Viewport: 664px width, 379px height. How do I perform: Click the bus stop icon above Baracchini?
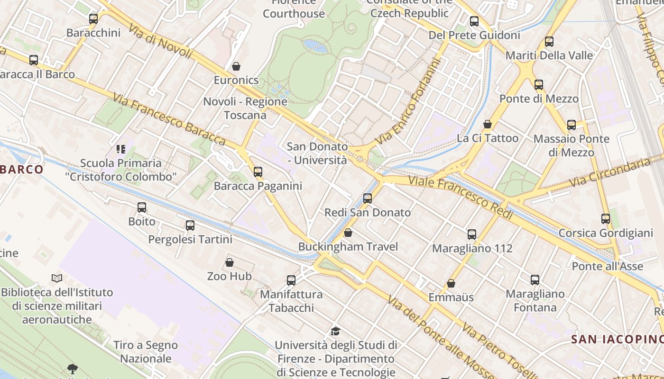coord(93,19)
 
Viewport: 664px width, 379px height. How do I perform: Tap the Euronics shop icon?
coord(236,66)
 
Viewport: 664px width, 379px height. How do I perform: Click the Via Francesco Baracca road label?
coord(169,119)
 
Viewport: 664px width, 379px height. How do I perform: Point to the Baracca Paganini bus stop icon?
coord(258,172)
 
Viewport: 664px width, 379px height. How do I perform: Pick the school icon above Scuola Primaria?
coord(121,149)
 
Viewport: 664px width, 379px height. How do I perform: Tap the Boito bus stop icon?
coord(142,208)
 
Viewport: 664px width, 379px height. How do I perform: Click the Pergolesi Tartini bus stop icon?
coord(190,226)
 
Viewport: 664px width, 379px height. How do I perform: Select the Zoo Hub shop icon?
coord(230,262)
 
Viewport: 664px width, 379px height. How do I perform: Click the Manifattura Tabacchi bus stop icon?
coord(291,280)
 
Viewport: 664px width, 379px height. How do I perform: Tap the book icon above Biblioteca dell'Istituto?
coord(57,278)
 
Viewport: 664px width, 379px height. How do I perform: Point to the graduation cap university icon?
coord(335,331)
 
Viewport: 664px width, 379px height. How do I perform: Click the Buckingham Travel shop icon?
coord(348,233)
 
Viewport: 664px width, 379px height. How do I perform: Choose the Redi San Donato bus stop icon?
coord(368,199)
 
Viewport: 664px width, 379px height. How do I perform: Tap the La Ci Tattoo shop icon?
coord(488,124)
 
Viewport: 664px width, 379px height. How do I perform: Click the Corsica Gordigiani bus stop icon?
coord(606,219)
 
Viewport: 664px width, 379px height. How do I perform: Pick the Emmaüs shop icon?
coord(451,283)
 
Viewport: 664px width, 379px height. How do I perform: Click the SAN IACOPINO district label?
coord(617,339)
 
